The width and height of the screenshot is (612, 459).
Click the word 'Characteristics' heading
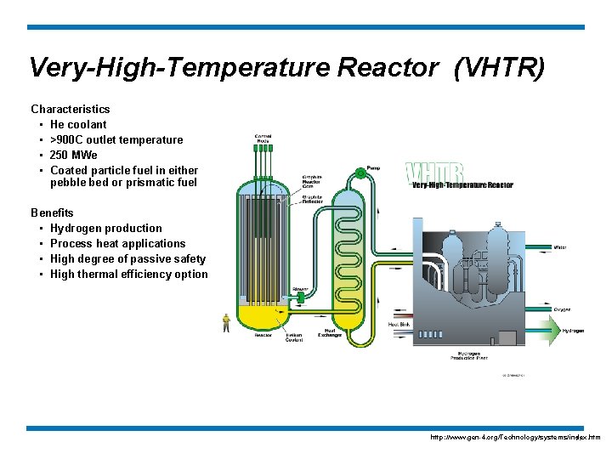point(71,109)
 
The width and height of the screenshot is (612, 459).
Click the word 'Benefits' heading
point(52,212)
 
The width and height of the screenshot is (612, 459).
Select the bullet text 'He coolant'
point(78,124)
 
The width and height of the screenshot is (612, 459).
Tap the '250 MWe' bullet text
point(74,155)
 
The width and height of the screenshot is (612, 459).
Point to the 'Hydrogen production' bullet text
point(106,228)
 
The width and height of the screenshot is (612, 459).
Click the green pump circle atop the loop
point(360,173)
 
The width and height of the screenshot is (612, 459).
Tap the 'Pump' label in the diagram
point(373,167)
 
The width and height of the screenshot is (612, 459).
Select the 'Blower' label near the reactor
point(300,290)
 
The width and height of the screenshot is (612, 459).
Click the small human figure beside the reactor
point(226,321)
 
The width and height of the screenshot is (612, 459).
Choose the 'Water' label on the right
point(560,248)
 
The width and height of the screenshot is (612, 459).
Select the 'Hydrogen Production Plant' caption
point(469,355)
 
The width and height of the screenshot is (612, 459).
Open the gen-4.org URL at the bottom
point(515,437)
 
